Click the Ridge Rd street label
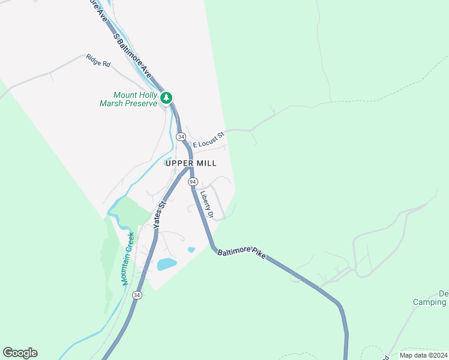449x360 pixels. tap(98, 61)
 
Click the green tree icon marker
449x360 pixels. tap(166, 97)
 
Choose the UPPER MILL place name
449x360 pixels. tap(190, 163)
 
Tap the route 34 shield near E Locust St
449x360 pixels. tap(181, 137)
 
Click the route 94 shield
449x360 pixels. tap(192, 181)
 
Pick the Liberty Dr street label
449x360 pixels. tap(208, 204)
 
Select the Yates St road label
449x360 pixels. tap(160, 214)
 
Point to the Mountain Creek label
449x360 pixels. tap(128, 258)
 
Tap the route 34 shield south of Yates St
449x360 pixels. tap(137, 295)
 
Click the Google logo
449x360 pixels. tap(20, 353)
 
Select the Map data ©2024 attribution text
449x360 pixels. tap(423, 355)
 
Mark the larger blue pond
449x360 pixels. tap(166, 264)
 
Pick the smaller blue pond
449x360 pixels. tap(191, 250)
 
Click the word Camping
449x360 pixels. tap(429, 302)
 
